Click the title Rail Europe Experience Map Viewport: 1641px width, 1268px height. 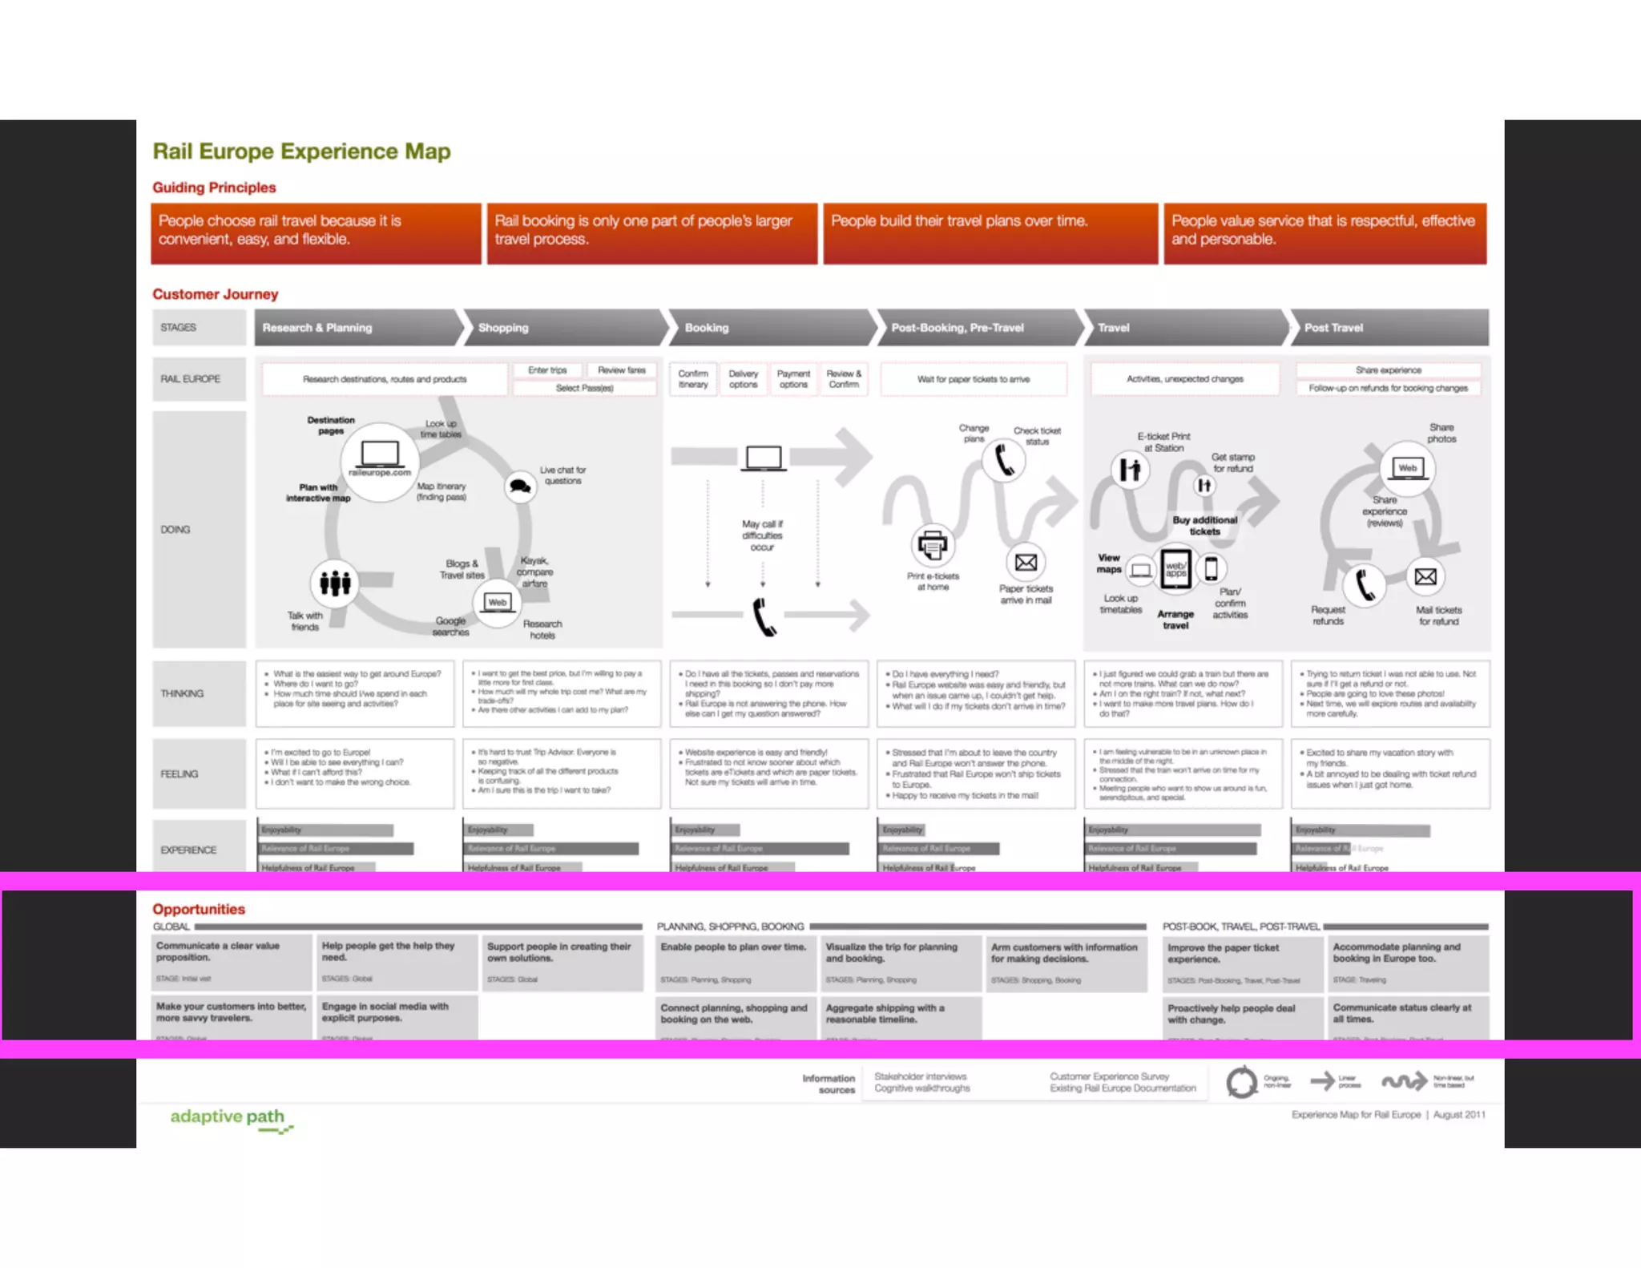pyautogui.click(x=301, y=151)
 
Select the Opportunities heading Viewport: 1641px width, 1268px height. pyautogui.click(x=199, y=909)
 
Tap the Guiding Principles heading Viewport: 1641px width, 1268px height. pyautogui.click(x=214, y=188)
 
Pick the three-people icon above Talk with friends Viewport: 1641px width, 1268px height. pyautogui.click(x=335, y=583)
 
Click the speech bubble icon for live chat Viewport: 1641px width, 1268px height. pyautogui.click(x=521, y=486)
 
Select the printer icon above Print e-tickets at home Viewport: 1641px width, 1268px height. pyautogui.click(x=932, y=546)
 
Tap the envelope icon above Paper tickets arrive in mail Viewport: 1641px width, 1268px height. pyautogui.click(x=1026, y=563)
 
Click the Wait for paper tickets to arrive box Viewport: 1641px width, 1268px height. pyautogui.click(x=974, y=379)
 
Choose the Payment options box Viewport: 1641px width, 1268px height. pyautogui.click(x=793, y=379)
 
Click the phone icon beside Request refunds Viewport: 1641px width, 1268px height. pyautogui.click(x=1365, y=584)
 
